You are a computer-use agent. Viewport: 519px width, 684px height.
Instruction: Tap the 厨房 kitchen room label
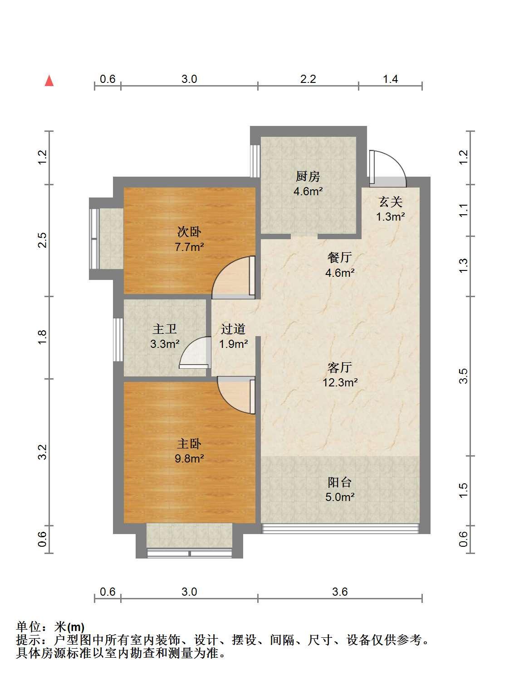[x=308, y=177]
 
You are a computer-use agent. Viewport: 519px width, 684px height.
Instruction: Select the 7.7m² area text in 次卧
[x=189, y=247]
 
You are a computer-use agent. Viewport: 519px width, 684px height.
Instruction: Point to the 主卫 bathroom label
[x=165, y=329]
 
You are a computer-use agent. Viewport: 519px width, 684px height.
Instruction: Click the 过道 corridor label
[x=233, y=329]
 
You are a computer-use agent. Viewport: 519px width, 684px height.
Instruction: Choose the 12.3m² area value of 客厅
[x=340, y=382]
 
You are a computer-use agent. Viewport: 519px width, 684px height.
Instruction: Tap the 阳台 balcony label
[x=339, y=482]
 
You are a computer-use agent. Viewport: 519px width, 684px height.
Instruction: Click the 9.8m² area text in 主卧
[x=189, y=459]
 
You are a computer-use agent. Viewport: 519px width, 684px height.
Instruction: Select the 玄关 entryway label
[x=391, y=202]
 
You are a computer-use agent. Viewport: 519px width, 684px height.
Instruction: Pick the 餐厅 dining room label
[x=339, y=257]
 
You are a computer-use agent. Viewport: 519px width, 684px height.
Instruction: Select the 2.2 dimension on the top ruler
[x=308, y=79]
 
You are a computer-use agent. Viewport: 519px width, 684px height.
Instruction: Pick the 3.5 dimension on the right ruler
[x=464, y=376]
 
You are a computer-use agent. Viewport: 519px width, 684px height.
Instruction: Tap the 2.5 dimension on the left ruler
[x=42, y=240]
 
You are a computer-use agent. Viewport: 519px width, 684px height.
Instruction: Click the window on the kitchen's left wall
[x=255, y=161]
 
